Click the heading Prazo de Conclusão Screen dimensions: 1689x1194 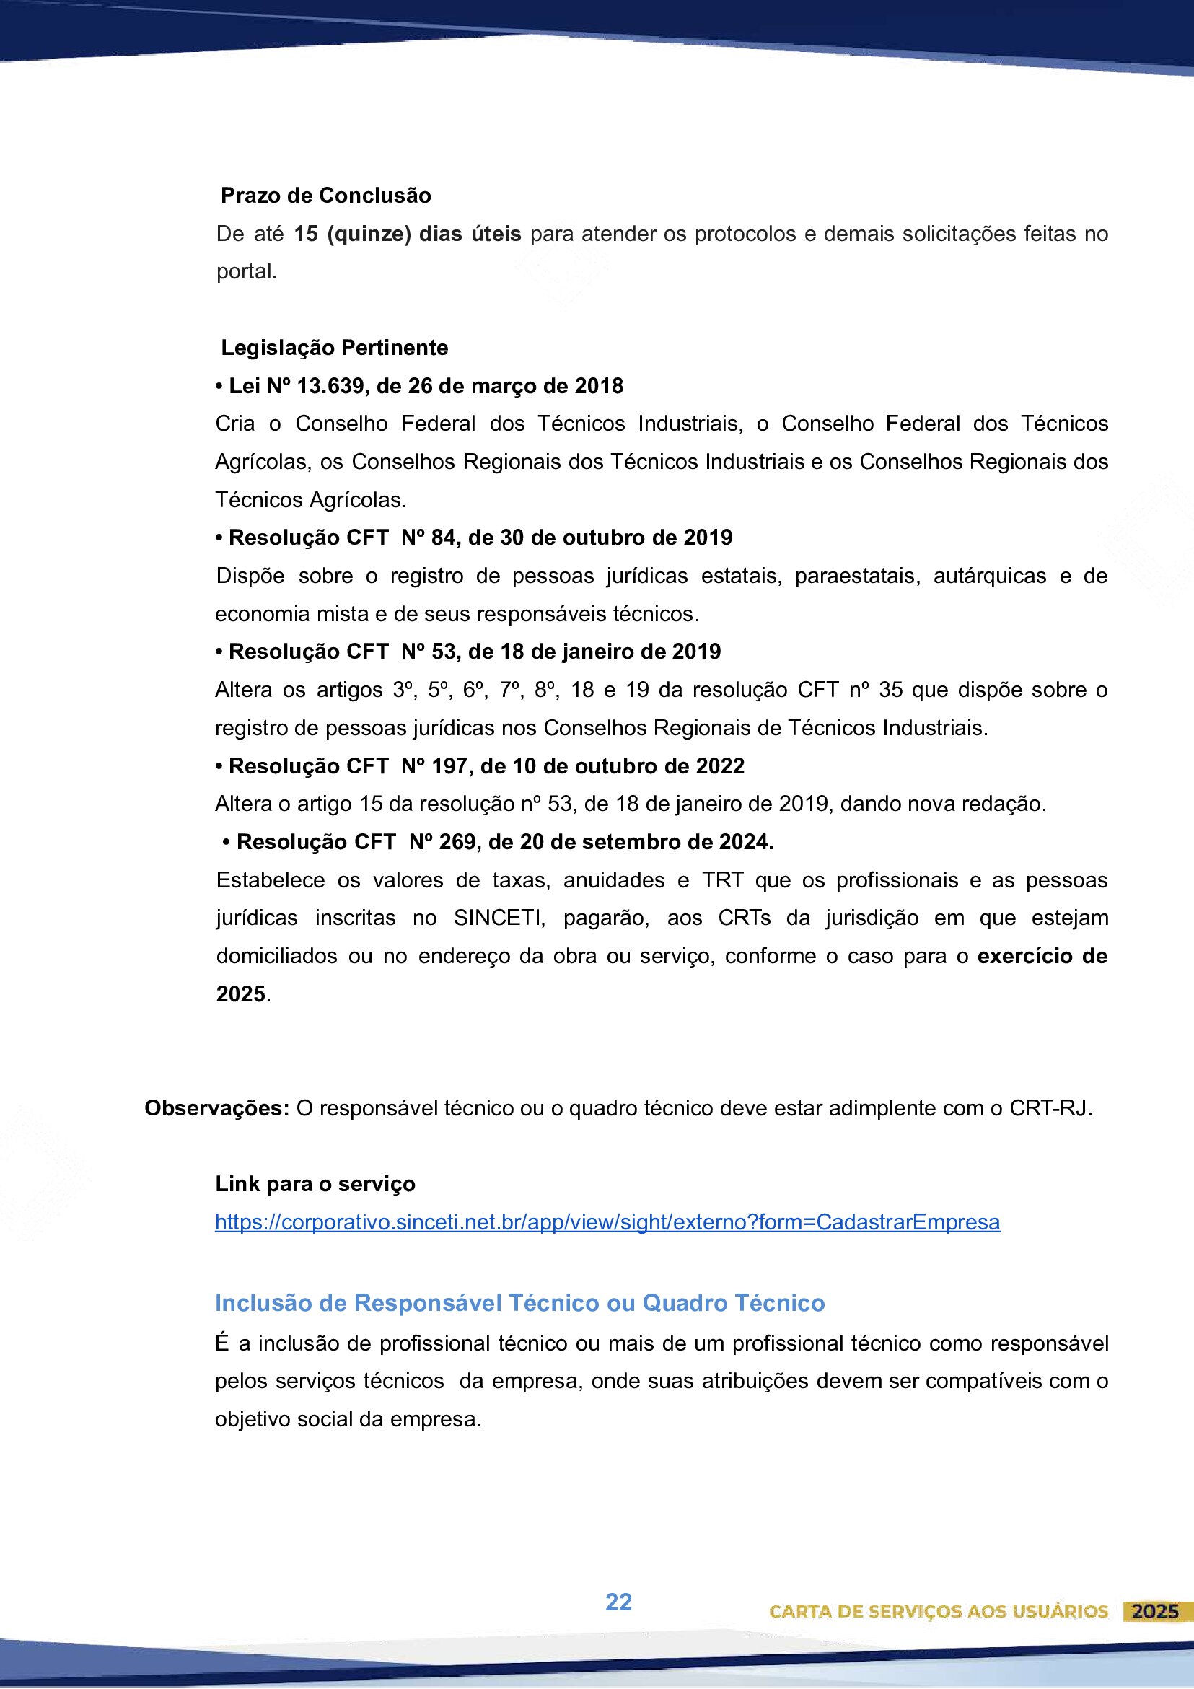(325, 196)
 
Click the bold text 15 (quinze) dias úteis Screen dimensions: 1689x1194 (407, 234)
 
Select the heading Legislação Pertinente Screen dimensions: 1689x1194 (334, 348)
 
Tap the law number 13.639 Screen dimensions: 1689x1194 (328, 386)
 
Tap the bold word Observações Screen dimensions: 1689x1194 (216, 1109)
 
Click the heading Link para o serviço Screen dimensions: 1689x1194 (315, 1185)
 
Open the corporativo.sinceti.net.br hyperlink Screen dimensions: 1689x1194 (607, 1223)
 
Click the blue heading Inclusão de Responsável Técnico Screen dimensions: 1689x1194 (519, 1304)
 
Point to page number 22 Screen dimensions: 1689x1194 (618, 1602)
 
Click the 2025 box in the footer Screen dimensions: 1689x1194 (1154, 1612)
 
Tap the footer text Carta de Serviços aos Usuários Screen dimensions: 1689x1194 (938, 1612)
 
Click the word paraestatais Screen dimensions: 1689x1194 (857, 576)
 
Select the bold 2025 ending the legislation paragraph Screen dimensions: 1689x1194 (240, 994)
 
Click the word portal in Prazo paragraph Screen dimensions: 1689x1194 (245, 272)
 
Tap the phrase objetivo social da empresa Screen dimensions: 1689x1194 (346, 1419)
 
